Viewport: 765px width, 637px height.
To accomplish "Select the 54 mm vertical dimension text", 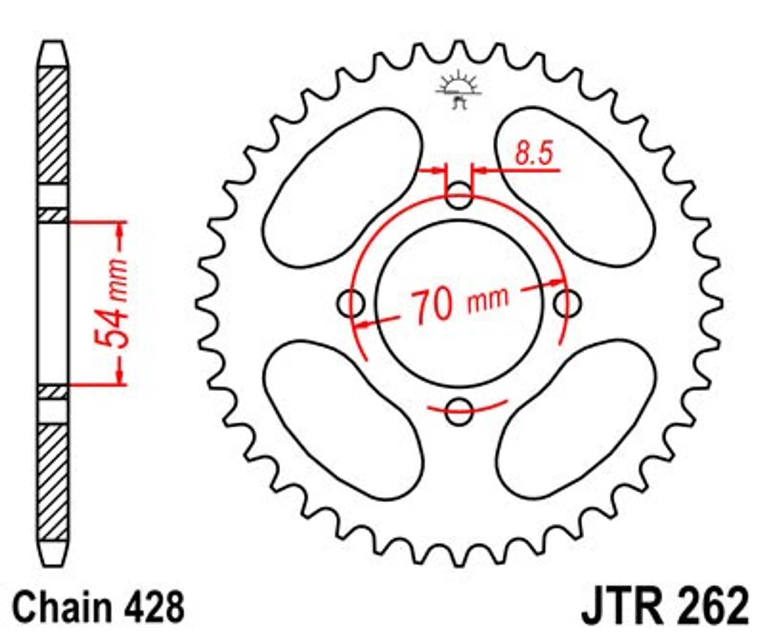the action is (111, 303).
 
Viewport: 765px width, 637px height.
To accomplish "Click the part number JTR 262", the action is (665, 605).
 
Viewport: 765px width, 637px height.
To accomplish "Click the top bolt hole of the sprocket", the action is (459, 195).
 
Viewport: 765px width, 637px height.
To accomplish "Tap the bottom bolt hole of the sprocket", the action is (459, 411).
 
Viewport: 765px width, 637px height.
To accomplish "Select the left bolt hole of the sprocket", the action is (351, 303).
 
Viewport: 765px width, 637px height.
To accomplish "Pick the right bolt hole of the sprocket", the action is (568, 303).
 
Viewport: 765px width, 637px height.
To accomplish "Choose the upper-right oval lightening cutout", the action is (575, 187).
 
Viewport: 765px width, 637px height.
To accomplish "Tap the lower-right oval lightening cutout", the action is (576, 419).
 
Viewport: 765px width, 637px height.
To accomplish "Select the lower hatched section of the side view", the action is (53, 483).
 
